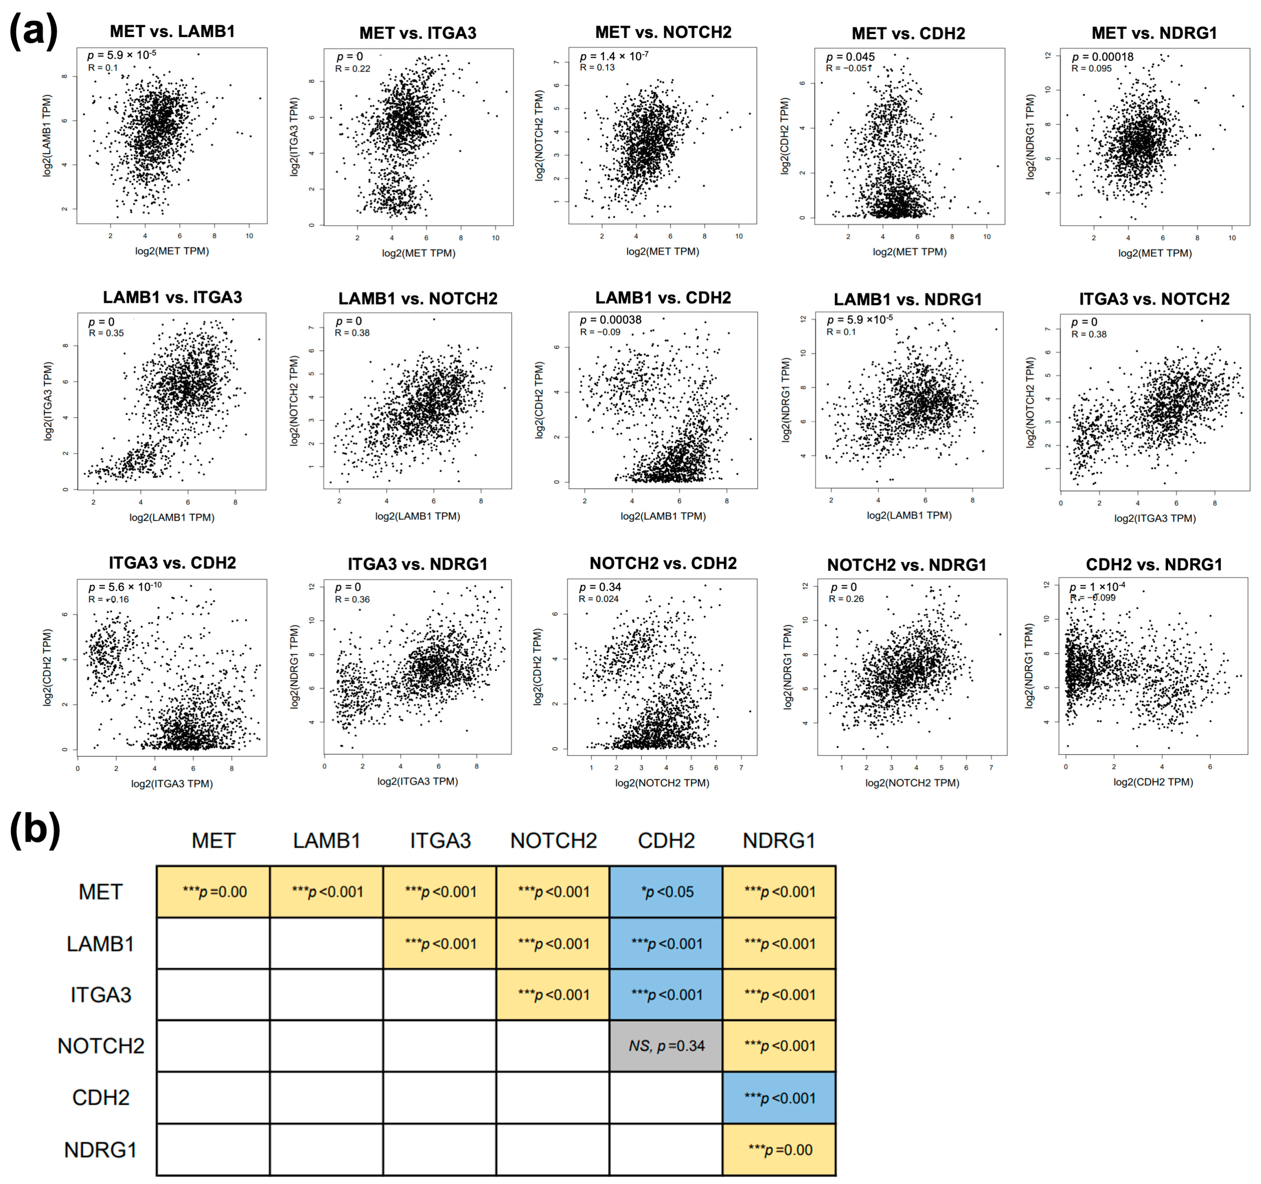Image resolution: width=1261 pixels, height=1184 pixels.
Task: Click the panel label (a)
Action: pos(33,32)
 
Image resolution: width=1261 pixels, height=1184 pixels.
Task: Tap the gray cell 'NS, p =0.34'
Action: pos(666,1046)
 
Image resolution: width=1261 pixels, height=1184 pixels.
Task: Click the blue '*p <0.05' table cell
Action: pos(666,891)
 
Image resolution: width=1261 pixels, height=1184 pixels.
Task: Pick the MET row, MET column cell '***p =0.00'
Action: pos(214,891)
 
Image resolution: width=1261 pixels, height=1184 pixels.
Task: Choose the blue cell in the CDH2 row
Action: pos(779,1098)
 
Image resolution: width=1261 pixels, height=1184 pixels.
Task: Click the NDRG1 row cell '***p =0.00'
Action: pos(779,1150)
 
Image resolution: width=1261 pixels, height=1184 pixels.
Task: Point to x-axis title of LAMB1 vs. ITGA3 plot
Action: pos(172,517)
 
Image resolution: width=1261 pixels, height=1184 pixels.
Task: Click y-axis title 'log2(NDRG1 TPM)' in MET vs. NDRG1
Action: pos(1031,136)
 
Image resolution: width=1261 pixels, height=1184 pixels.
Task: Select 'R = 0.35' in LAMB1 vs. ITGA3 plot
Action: pos(106,333)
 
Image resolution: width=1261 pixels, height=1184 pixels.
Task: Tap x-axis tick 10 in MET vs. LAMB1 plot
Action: pos(249,236)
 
